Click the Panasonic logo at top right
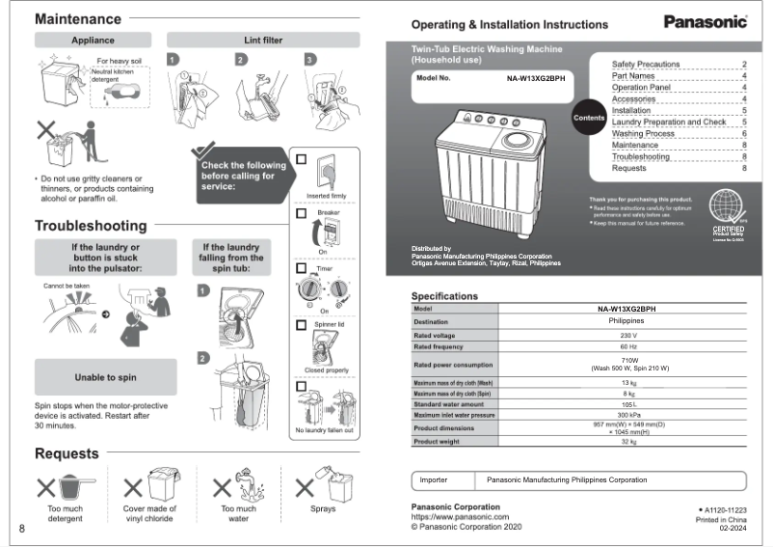(x=706, y=21)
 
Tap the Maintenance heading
(x=78, y=19)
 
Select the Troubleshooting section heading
(x=91, y=226)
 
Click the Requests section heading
(x=67, y=453)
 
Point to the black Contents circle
(x=589, y=118)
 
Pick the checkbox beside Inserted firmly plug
(x=302, y=160)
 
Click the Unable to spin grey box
(x=105, y=377)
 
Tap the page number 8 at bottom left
(x=21, y=529)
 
